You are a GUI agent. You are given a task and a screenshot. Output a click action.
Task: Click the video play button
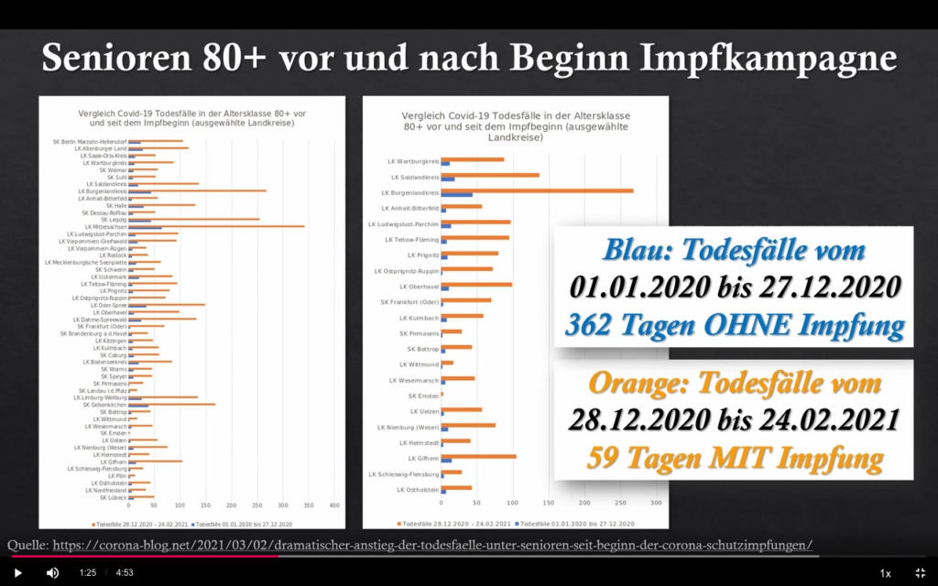coord(17,572)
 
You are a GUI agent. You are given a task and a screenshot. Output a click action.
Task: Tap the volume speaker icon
coord(52,572)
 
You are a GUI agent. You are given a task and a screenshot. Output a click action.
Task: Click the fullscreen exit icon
coord(920,572)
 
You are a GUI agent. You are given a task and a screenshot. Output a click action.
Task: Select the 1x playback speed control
coord(885,573)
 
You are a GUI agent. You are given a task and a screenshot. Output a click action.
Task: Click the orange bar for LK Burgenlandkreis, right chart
coord(537,191)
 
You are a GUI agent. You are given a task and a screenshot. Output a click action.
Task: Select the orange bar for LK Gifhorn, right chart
coord(478,456)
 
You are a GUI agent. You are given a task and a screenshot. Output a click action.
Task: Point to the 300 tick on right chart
coord(656,503)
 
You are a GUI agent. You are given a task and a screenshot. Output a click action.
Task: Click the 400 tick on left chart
coord(334,505)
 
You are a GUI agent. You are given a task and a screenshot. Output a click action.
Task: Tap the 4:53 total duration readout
coord(125,573)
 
